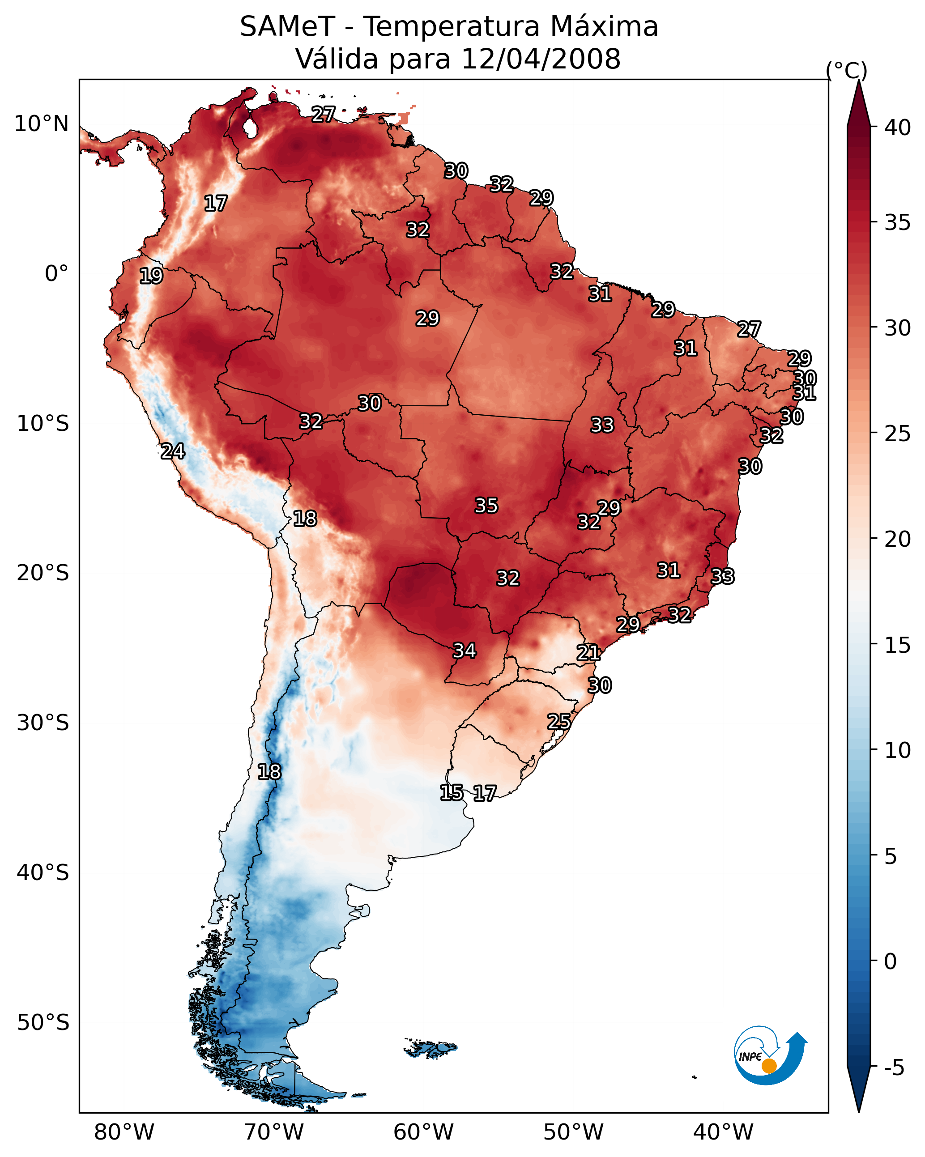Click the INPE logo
[x=769, y=1057]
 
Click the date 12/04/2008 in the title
[x=541, y=59]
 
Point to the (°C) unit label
[x=846, y=70]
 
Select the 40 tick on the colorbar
[x=898, y=128]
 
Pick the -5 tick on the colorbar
[x=894, y=1068]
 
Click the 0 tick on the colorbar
[x=890, y=961]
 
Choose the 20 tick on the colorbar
[x=898, y=539]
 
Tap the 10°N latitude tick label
[x=41, y=124]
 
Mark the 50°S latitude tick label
[x=43, y=1023]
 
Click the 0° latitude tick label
[x=56, y=274]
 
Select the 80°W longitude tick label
[x=124, y=1132]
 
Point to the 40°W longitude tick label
[x=723, y=1132]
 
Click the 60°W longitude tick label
[x=424, y=1132]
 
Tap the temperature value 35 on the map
[x=486, y=506]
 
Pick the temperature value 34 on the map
[x=465, y=651]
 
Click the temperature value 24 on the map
[x=173, y=451]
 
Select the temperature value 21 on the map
[x=588, y=653]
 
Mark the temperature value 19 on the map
[x=151, y=276]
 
